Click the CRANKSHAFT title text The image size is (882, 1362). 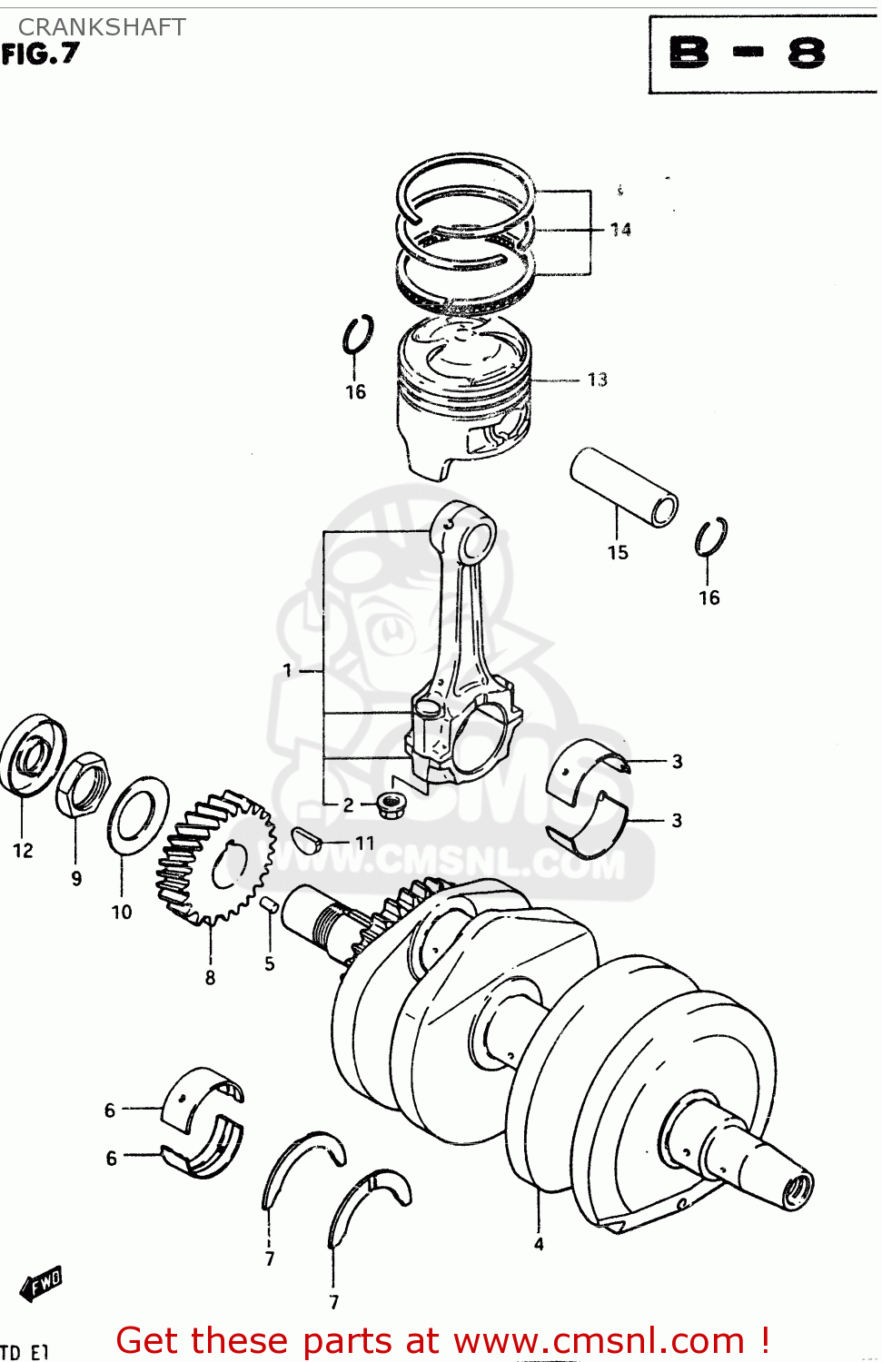pyautogui.click(x=102, y=27)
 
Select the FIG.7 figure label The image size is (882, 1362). pyautogui.click(x=41, y=55)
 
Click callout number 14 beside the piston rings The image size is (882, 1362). pyautogui.click(x=620, y=230)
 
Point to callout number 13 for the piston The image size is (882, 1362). pyautogui.click(x=597, y=380)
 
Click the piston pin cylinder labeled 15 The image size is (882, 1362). pyautogui.click(x=624, y=486)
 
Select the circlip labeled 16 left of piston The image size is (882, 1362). pyautogui.click(x=357, y=335)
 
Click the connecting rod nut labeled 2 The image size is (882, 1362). pyautogui.click(x=391, y=804)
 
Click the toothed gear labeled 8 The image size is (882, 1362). pyautogui.click(x=216, y=858)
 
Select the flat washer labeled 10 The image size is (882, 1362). pyautogui.click(x=137, y=815)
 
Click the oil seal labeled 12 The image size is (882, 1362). pyautogui.click(x=32, y=755)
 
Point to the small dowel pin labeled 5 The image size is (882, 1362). pyautogui.click(x=269, y=904)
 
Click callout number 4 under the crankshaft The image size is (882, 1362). pyautogui.click(x=539, y=1244)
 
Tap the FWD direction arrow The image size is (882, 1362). pyautogui.click(x=42, y=1284)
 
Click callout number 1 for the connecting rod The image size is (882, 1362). pyautogui.click(x=288, y=671)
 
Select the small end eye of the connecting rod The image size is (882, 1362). pyautogui.click(x=474, y=542)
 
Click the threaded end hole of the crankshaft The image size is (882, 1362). pyautogui.click(x=798, y=1189)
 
